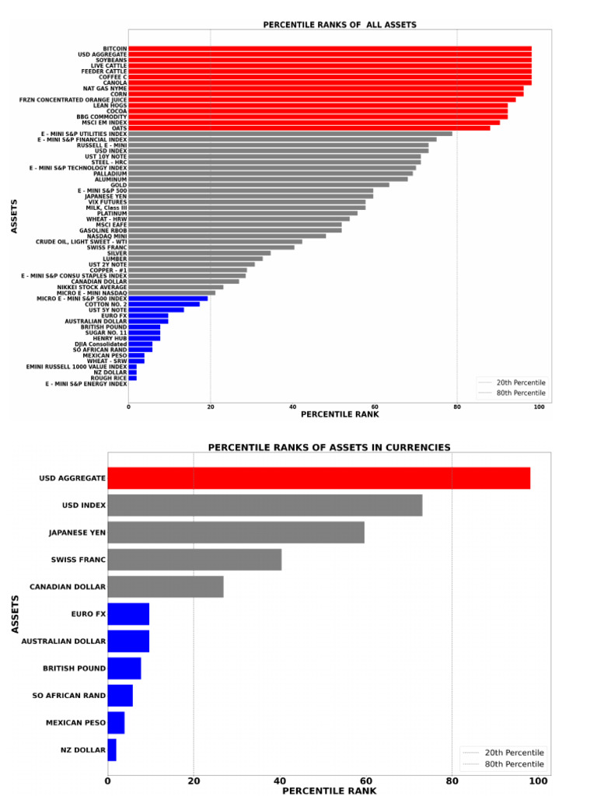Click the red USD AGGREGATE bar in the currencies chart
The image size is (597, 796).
pyautogui.click(x=319, y=478)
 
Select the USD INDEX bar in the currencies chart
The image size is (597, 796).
pyautogui.click(x=264, y=505)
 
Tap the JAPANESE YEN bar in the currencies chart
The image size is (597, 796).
pyautogui.click(x=236, y=532)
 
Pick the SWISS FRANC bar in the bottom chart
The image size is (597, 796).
pyautogui.click(x=194, y=560)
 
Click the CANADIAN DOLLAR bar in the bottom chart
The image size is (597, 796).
pyautogui.click(x=165, y=587)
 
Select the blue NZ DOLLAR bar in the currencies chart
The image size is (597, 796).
pyautogui.click(x=112, y=750)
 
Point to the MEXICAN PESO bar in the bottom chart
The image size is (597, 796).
pyautogui.click(x=116, y=723)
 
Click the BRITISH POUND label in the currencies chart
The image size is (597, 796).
pyautogui.click(x=74, y=669)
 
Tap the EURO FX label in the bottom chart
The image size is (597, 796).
pyautogui.click(x=88, y=614)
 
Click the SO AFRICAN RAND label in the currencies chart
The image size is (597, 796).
pyautogui.click(x=68, y=696)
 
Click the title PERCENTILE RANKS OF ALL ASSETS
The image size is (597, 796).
pyautogui.click(x=340, y=25)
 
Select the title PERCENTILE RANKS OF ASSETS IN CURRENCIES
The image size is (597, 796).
pyautogui.click(x=329, y=448)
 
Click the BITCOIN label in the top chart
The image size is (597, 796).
pyautogui.click(x=114, y=48)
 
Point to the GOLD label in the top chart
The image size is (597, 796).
pyautogui.click(x=119, y=185)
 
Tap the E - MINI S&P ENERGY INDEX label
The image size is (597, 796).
pyautogui.click(x=86, y=384)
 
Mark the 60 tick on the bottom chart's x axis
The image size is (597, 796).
pyautogui.click(x=365, y=780)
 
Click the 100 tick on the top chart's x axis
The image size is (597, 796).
pyautogui.click(x=539, y=407)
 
